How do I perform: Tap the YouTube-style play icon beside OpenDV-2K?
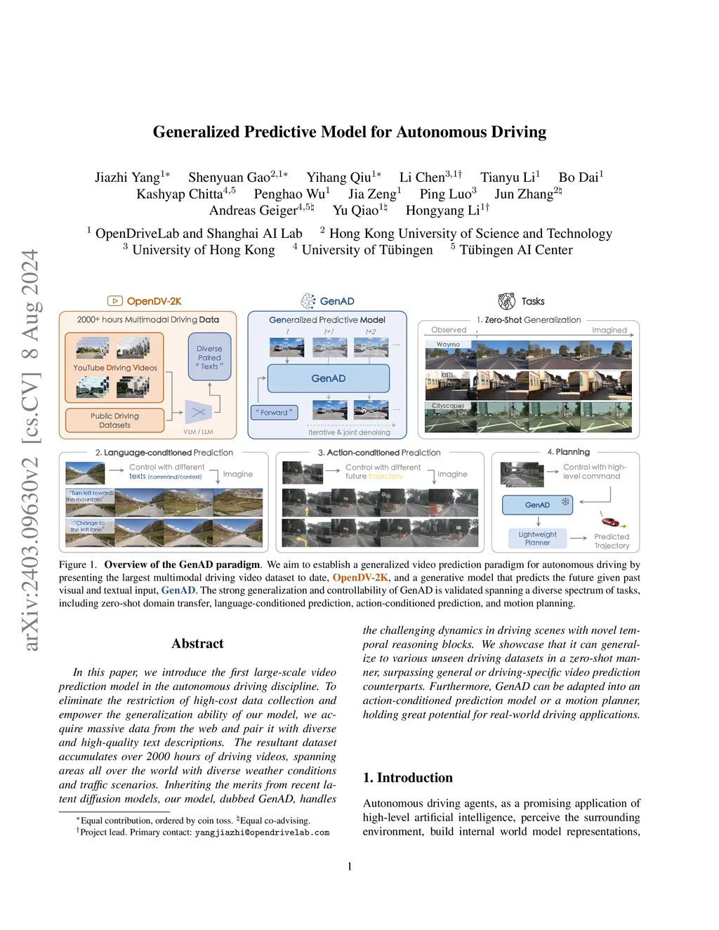pyautogui.click(x=115, y=301)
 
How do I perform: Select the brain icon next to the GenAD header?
pyautogui.click(x=308, y=301)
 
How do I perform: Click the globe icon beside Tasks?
pyautogui.click(x=506, y=301)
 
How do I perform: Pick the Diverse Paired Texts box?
pyautogui.click(x=209, y=357)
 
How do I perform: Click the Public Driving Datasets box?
pyautogui.click(x=114, y=420)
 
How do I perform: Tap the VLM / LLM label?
pyautogui.click(x=198, y=432)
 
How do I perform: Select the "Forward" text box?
pyautogui.click(x=274, y=413)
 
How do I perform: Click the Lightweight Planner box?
pyautogui.click(x=537, y=538)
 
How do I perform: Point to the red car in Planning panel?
pyautogui.click(x=610, y=522)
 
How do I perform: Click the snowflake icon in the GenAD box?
pyautogui.click(x=565, y=503)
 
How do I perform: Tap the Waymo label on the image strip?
pyautogui.click(x=448, y=345)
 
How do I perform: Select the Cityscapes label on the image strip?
pyautogui.click(x=448, y=406)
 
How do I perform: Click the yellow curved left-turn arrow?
pyautogui.click(x=303, y=540)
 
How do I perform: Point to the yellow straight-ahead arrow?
pyautogui.click(x=308, y=510)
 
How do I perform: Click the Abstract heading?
pyautogui.click(x=197, y=644)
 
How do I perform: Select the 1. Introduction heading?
pyautogui.click(x=407, y=778)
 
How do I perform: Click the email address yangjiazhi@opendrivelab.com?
pyautogui.click(x=262, y=832)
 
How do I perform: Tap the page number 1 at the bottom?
pyautogui.click(x=350, y=866)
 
